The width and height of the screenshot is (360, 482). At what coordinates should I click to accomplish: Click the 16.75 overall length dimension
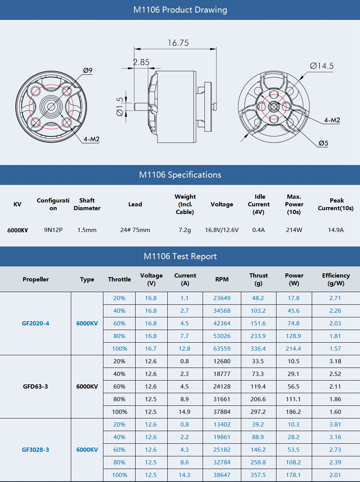tap(178, 43)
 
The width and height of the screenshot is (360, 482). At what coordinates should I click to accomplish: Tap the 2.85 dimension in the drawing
tap(141, 62)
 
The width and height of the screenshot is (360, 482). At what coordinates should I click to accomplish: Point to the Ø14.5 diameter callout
tap(322, 66)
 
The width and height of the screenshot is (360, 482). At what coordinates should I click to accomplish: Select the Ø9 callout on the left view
tap(88, 70)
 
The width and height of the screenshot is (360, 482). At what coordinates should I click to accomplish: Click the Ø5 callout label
tap(323, 144)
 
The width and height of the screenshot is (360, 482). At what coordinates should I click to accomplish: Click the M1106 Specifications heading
tap(180, 175)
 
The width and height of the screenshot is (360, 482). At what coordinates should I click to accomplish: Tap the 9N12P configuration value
tap(53, 230)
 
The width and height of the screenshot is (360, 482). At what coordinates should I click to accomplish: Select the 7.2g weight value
tap(185, 230)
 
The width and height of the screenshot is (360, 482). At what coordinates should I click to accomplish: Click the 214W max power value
tap(294, 230)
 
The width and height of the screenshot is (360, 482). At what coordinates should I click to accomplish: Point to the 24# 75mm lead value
tap(135, 230)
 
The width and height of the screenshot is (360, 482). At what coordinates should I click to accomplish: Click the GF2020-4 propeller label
tap(36, 324)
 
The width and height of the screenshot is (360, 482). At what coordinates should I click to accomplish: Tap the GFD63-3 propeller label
tap(36, 387)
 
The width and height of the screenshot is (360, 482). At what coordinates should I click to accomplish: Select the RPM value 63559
tap(222, 349)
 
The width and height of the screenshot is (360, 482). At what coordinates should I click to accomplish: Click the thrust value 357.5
tap(258, 475)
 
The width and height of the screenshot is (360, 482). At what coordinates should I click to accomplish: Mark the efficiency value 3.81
tap(335, 425)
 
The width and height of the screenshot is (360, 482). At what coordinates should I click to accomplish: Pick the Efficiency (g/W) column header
tap(336, 279)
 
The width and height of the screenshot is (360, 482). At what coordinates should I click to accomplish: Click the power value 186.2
tap(294, 412)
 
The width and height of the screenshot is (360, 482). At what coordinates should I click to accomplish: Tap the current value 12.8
tap(185, 349)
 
